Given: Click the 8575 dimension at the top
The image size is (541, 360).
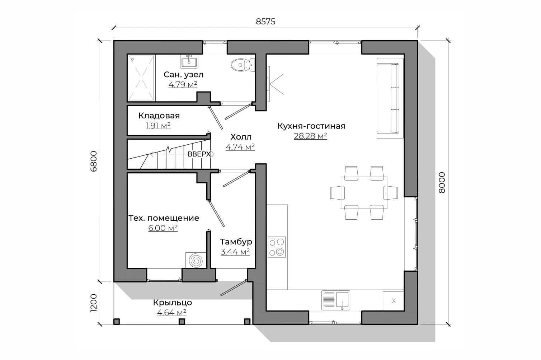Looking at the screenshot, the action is [265, 22].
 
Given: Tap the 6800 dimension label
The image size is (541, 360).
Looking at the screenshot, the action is [94, 161].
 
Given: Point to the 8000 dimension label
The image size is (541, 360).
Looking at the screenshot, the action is [442, 182].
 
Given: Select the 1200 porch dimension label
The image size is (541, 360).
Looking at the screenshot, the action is [94, 303].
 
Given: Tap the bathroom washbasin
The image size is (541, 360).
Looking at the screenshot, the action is [189, 61].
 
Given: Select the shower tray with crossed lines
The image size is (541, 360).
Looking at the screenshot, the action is [142, 78].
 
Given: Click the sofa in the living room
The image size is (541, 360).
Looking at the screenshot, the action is [390, 98].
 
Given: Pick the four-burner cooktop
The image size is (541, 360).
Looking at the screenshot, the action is [277, 247].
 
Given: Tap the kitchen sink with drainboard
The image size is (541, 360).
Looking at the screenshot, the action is [336, 300].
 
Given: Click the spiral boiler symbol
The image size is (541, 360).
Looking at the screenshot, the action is [196, 260].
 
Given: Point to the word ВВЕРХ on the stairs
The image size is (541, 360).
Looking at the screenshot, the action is [199, 154].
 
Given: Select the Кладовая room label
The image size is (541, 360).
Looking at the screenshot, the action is [159, 116].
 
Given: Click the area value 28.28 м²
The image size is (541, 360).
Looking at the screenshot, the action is [311, 136].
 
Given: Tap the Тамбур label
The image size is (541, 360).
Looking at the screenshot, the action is [236, 242].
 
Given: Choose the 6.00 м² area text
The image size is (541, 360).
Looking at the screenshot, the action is [163, 228].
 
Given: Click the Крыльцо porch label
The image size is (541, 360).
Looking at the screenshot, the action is [173, 303].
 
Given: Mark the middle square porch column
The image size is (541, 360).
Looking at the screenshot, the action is [182, 321].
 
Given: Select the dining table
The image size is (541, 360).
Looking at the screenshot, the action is [364, 193].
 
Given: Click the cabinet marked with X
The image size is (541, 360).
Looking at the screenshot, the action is [394, 300].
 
